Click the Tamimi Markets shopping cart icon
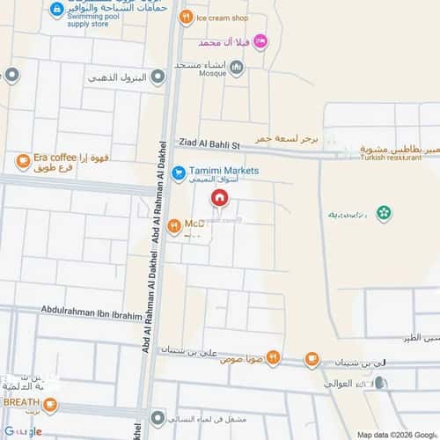pyautogui.click(x=178, y=173)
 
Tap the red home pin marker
pyautogui.click(x=219, y=199)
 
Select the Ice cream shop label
pyautogui.click(x=223, y=18)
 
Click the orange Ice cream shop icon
pyautogui.click(x=186, y=17)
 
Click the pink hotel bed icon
pyautogui.click(x=260, y=40)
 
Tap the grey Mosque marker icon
pyautogui.click(x=235, y=67)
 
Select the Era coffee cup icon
pyautogui.click(x=23, y=161)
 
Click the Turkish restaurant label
pyautogui.click(x=393, y=158)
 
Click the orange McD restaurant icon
pyautogui.click(x=174, y=225)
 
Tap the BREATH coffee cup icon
pyautogui.click(x=50, y=405)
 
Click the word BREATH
pyautogui.click(x=21, y=402)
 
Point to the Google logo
pyautogui.click(x=22, y=430)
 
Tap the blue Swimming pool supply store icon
pyautogui.click(x=57, y=11)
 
